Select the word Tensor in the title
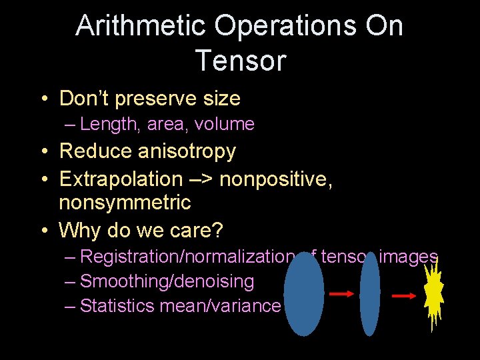[240, 61]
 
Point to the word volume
[226, 124]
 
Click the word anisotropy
[187, 151]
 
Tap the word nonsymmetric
[125, 202]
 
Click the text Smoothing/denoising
[167, 281]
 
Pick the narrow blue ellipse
[369, 294]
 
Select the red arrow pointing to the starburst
[405, 296]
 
